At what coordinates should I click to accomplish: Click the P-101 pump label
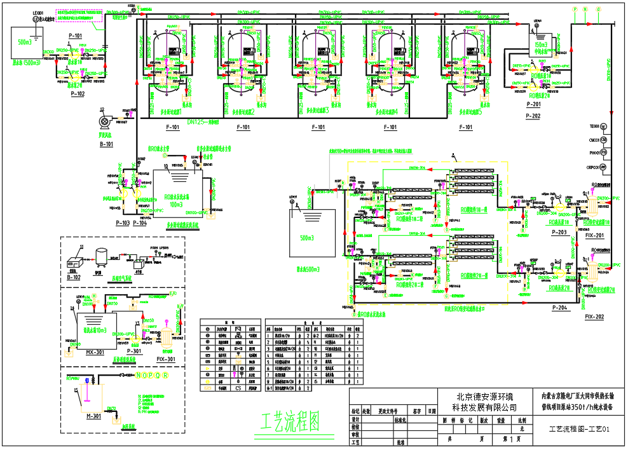[x=75, y=36]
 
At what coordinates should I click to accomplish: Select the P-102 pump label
[x=78, y=93]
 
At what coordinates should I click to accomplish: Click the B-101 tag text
[x=106, y=144]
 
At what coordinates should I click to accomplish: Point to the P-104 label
[x=140, y=224]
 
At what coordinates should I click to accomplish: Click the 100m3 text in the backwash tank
[x=174, y=205]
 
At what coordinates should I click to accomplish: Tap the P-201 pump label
[x=533, y=105]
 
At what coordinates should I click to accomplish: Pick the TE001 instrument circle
[x=603, y=126]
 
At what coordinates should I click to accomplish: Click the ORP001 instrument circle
[x=603, y=167]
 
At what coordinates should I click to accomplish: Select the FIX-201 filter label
[x=594, y=235]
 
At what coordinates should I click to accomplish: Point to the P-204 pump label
[x=559, y=308]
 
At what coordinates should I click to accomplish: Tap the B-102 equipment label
[x=74, y=277]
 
